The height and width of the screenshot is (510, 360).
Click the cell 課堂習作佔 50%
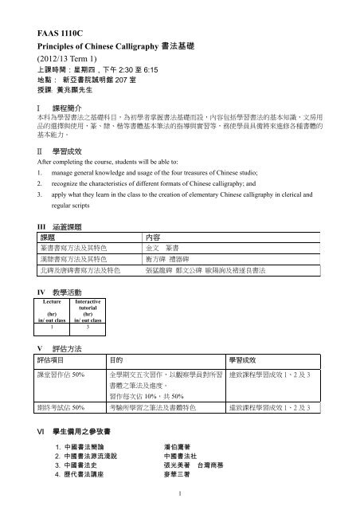pos(48,374)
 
